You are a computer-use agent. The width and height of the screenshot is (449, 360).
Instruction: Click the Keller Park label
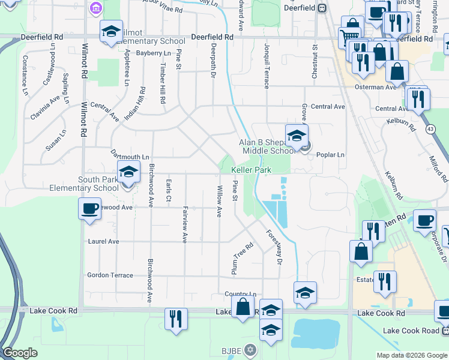point(252,170)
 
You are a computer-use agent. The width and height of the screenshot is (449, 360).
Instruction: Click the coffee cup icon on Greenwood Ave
point(89,209)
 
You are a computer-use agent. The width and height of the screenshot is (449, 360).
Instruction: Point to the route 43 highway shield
point(430,129)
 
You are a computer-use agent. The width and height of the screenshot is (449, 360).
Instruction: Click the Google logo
point(20,353)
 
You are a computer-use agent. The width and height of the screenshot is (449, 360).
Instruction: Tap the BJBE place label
point(231,349)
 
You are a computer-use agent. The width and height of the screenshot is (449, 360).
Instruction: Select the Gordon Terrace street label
point(110,275)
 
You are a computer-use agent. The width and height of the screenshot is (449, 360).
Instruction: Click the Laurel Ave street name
point(103,241)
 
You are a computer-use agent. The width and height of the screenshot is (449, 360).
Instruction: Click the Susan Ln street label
point(55,141)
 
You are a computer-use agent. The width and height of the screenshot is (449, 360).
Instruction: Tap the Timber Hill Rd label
point(162,86)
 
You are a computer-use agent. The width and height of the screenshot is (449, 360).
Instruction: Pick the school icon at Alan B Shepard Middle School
point(296,136)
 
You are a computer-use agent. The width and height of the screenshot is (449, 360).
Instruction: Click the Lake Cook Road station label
point(411,331)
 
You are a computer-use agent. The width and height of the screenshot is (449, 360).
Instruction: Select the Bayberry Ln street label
point(154,53)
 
